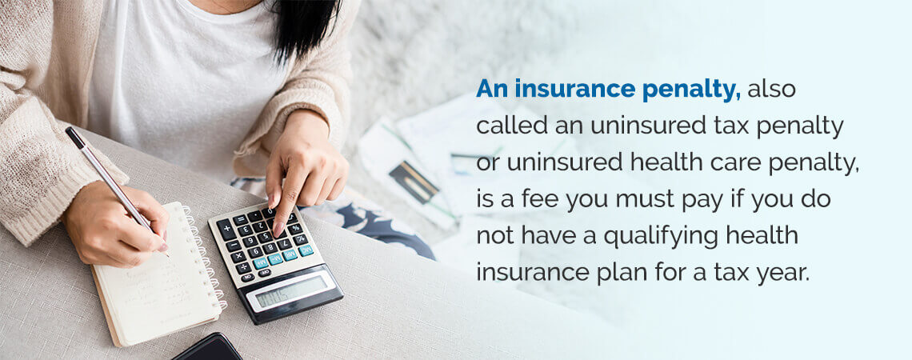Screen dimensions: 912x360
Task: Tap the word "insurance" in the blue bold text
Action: pos(575,90)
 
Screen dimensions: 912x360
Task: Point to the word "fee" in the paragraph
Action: pos(538,200)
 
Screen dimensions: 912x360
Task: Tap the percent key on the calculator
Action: pos(295,228)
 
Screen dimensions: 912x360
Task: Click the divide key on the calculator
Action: pos(301,239)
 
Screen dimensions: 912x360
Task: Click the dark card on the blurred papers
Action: pos(414,182)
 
